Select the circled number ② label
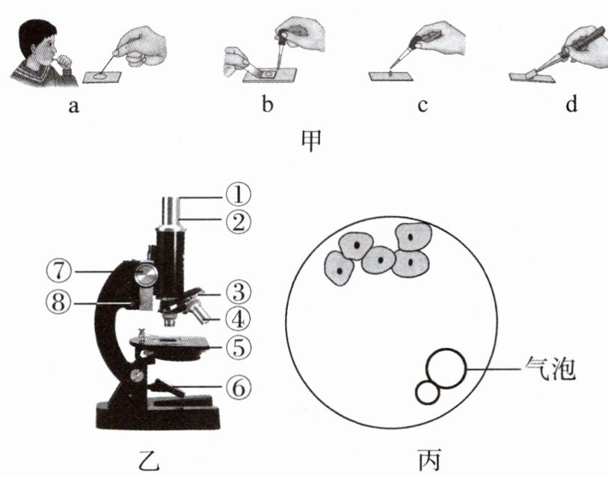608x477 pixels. [239, 220]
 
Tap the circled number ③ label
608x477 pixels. [239, 291]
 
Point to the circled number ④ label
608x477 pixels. [239, 318]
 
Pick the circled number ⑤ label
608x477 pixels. [239, 347]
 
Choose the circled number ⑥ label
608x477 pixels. [239, 387]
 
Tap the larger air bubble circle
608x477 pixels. [446, 368]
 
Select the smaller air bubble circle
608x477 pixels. [428, 392]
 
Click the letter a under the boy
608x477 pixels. [73, 106]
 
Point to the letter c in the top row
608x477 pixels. [422, 106]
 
